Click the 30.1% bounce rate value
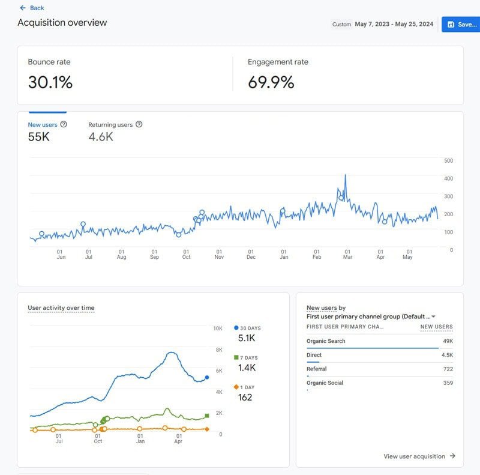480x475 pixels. click(50, 82)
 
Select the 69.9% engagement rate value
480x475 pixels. click(271, 82)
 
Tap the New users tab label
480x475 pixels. click(43, 124)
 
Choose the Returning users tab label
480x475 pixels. click(110, 124)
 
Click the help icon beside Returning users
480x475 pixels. click(139, 124)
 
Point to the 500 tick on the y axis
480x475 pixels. click(448, 160)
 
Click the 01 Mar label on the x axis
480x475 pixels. click(347, 255)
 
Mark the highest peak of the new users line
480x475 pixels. click(345, 175)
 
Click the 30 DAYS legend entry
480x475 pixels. click(250, 328)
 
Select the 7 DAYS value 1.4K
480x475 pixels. click(247, 368)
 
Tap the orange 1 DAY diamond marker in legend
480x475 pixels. click(236, 387)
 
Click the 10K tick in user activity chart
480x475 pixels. click(218, 328)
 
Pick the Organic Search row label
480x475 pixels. click(326, 341)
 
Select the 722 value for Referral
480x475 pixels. click(447, 369)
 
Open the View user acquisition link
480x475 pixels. click(419, 456)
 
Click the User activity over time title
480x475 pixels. click(61, 307)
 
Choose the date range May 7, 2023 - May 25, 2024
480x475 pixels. click(394, 25)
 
